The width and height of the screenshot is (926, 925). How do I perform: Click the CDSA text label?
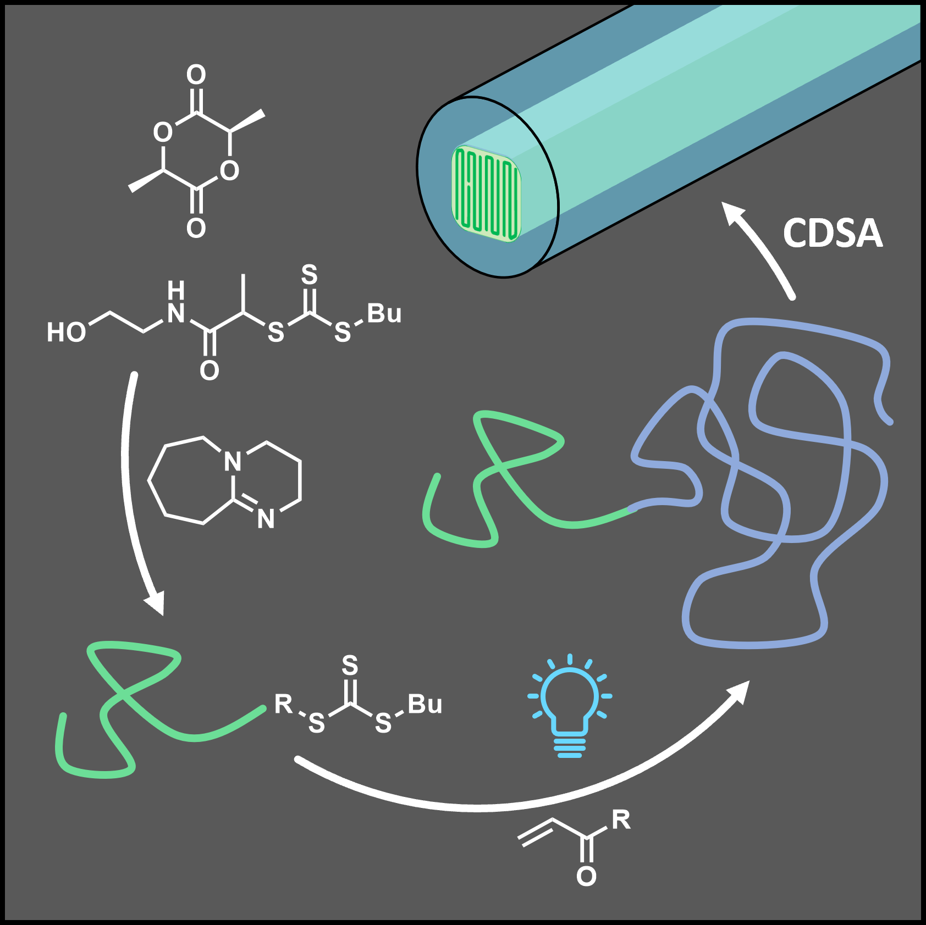point(832,233)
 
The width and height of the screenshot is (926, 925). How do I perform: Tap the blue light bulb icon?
point(570,706)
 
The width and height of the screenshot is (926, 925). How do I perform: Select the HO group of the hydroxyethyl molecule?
point(66,333)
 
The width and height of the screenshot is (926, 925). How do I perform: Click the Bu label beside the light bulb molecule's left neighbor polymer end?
point(425,704)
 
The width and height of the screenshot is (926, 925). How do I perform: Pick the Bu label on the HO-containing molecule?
point(384,313)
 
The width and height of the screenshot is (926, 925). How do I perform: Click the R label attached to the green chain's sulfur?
point(284,704)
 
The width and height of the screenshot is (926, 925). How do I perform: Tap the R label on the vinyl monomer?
point(621,819)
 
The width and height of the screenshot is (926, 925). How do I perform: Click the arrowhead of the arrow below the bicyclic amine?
point(156,603)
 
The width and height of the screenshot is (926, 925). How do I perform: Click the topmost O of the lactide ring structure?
point(196,74)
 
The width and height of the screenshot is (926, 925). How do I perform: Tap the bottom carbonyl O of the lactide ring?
point(196,228)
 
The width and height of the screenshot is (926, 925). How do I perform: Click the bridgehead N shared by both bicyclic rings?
point(233,461)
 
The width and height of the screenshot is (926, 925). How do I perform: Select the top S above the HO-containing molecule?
point(310,274)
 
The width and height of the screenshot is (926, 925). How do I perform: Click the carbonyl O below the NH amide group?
point(209,371)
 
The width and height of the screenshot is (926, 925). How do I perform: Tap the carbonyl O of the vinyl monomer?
point(586,876)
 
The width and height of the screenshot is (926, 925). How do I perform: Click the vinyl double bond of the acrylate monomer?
point(536,832)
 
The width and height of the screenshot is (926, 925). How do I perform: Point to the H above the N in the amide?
point(175,289)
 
